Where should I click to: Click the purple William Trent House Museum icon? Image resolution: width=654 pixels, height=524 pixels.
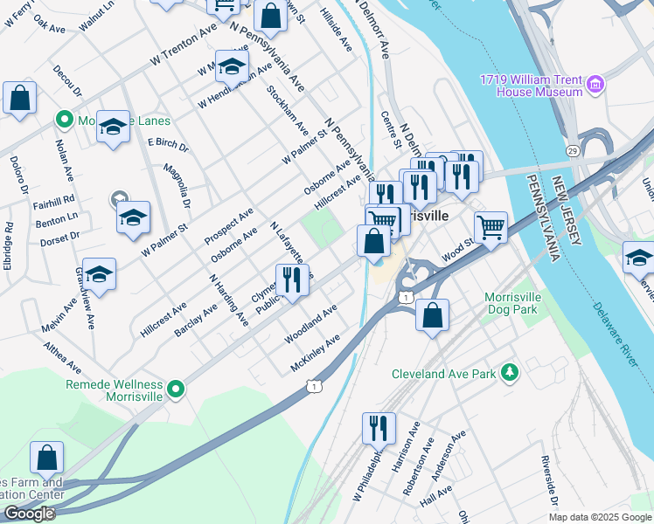[595, 85]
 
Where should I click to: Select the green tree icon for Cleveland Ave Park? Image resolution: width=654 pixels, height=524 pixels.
[510, 374]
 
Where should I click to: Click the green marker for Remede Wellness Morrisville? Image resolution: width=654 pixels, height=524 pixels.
[176, 390]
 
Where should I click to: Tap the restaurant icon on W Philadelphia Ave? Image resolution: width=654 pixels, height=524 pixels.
[379, 430]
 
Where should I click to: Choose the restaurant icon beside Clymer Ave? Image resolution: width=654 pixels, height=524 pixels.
[291, 281]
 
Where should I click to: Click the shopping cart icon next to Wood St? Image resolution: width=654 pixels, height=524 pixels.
[491, 229]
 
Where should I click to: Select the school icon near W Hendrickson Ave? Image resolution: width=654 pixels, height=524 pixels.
[232, 67]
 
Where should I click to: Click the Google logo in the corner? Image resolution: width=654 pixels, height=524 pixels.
[29, 514]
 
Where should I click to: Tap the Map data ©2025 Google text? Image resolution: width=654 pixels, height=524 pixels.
[600, 517]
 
